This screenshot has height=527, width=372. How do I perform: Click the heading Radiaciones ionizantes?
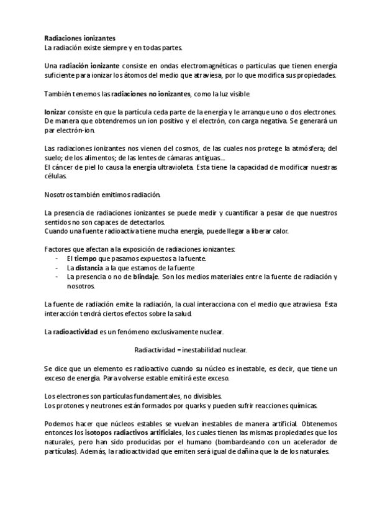pyautogui.click(x=79, y=39)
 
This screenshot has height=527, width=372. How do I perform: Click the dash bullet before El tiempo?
pyautogui.click(x=58, y=258)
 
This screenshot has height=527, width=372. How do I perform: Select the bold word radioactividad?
pyautogui.click(x=75, y=331)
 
